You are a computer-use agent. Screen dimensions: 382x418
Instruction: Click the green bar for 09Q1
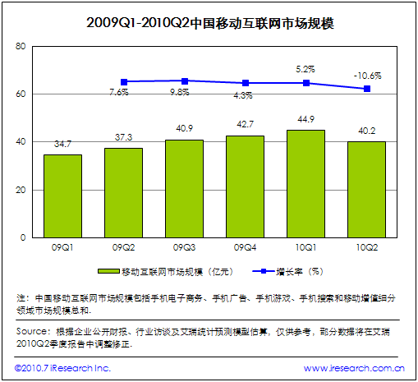(62, 196)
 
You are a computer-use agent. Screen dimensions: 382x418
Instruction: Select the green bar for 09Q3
(184, 188)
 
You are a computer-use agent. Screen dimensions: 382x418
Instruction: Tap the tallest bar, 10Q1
(305, 183)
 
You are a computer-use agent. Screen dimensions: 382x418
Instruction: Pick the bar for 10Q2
(366, 189)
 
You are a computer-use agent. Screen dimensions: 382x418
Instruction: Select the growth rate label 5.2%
(305, 69)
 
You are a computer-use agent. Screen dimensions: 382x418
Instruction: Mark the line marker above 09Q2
(124, 82)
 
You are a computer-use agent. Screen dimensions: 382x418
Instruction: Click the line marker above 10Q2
(367, 89)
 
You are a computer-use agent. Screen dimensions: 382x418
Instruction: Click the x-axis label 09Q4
(245, 245)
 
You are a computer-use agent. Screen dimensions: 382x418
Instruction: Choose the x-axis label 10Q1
(305, 245)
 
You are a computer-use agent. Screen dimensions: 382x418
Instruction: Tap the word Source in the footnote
(31, 331)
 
